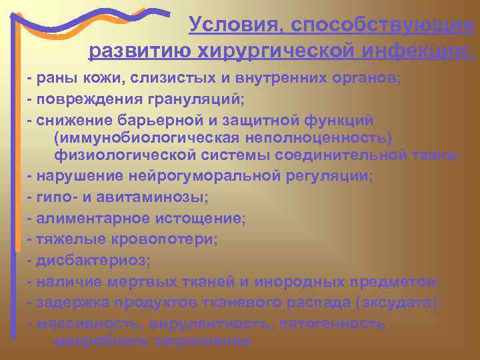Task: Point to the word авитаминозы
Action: coord(161,197)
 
